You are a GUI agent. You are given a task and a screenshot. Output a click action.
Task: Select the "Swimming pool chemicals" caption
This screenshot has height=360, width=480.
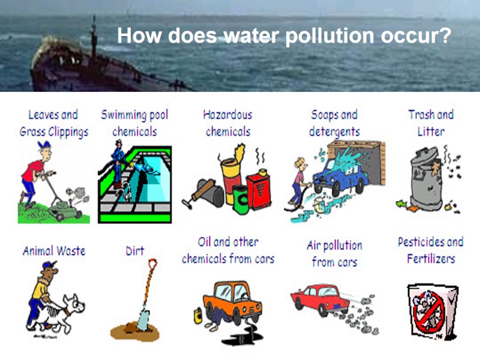click(x=134, y=122)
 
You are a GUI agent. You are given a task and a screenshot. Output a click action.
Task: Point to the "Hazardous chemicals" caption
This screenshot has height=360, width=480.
click(x=227, y=122)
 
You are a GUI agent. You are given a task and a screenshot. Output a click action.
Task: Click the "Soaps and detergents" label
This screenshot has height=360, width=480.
click(x=334, y=122)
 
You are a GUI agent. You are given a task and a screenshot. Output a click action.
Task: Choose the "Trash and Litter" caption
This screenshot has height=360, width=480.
click(x=431, y=122)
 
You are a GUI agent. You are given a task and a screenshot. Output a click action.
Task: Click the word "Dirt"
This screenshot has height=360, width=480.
click(x=135, y=251)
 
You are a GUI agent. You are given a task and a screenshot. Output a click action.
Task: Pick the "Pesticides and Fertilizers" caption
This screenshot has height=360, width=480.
click(x=431, y=250)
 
